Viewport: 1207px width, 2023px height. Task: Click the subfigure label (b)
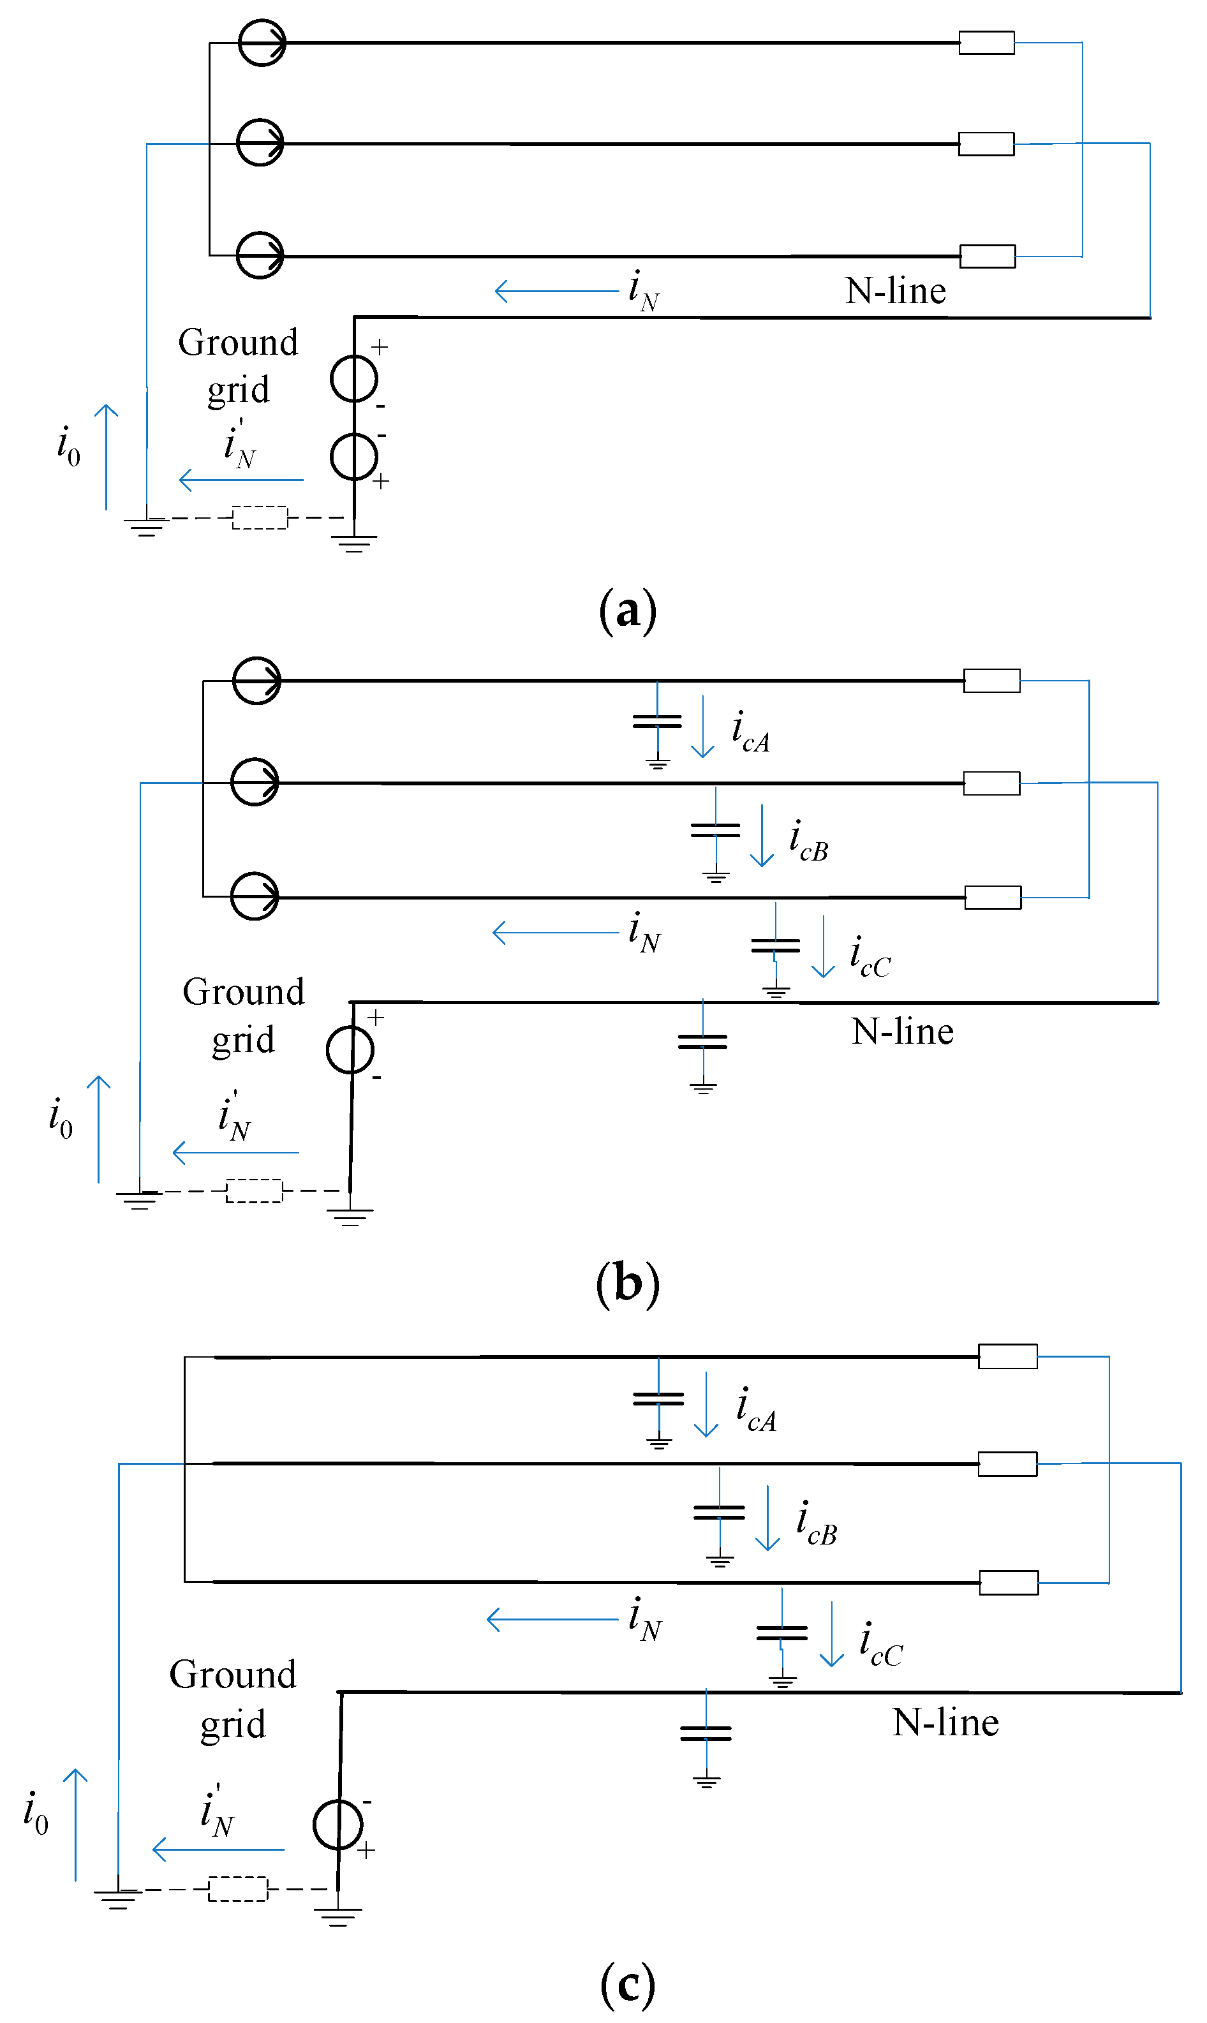tap(627, 1283)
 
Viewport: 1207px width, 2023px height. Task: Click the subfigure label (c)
tap(627, 1984)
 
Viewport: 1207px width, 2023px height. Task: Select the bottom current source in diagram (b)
tap(255, 896)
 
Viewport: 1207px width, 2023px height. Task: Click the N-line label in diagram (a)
tap(896, 291)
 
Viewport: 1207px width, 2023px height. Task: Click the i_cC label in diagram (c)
tap(881, 1643)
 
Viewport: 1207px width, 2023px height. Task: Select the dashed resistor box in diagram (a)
tap(260, 517)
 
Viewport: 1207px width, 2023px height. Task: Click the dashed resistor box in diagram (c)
tap(237, 1889)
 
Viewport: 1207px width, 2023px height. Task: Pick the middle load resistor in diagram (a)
tap(986, 144)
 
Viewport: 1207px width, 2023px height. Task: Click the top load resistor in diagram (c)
tap(1007, 1356)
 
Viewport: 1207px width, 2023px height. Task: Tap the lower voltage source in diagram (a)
tap(354, 457)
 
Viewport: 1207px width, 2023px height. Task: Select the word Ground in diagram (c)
tap(233, 1675)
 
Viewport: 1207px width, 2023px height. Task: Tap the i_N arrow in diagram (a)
tap(556, 290)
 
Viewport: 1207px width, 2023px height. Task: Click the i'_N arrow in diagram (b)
tap(236, 1152)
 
